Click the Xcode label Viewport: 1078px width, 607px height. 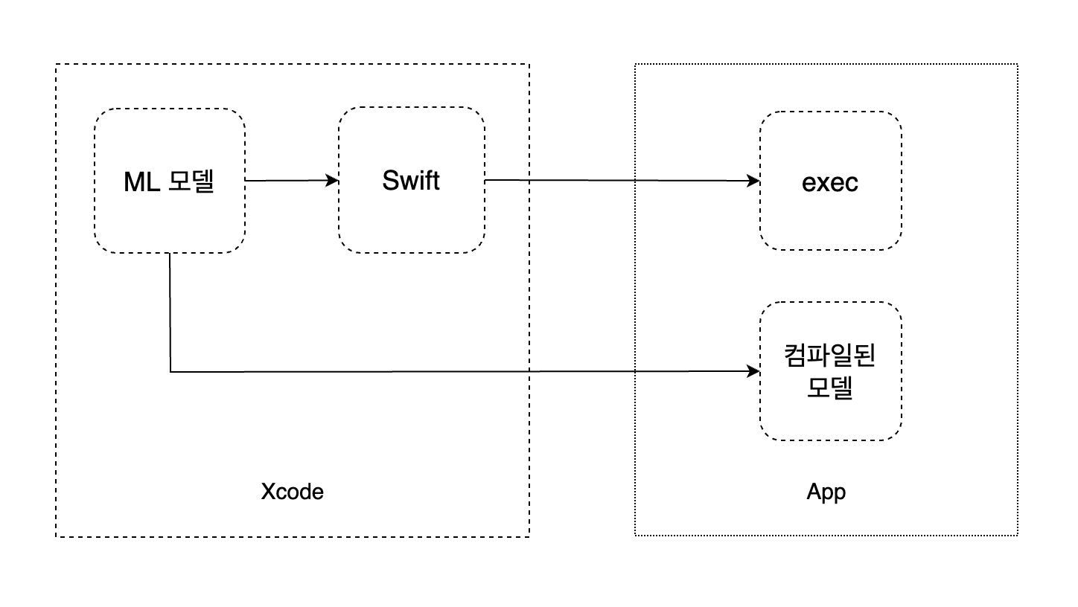[293, 492]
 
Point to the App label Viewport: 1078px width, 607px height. [826, 492]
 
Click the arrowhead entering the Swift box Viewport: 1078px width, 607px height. [333, 180]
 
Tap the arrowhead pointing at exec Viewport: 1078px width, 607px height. [754, 181]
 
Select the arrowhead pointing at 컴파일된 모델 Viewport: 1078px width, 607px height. [754, 370]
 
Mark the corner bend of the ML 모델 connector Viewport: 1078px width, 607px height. [170, 371]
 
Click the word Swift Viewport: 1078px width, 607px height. [411, 181]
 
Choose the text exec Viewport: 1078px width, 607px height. [830, 182]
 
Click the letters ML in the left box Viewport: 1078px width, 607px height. [141, 181]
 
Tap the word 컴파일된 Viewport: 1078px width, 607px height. [830, 355]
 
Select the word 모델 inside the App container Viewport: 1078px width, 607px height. [830, 388]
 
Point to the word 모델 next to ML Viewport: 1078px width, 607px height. [191, 181]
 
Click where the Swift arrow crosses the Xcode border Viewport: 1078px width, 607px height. [529, 180]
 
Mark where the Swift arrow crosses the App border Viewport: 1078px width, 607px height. [635, 181]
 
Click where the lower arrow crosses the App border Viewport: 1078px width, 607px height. [635, 370]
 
